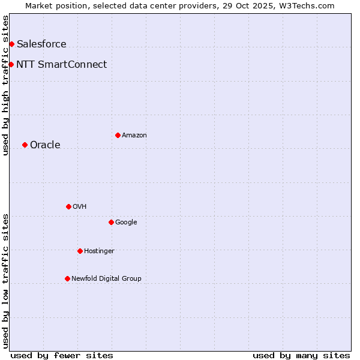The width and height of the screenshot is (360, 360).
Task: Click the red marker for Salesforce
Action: point(11,44)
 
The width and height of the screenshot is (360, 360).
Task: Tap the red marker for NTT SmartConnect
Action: point(11,64)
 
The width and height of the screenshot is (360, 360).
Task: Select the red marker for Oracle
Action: point(25,145)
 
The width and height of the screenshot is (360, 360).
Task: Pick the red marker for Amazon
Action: point(118,135)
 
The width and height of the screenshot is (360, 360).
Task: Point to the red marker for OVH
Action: point(68,206)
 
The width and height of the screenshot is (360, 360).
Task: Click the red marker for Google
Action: point(111,222)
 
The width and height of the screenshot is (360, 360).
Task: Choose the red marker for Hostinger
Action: point(80,251)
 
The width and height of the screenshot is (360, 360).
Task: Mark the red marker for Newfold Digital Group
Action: point(67,278)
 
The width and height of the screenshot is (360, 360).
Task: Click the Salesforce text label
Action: point(41,44)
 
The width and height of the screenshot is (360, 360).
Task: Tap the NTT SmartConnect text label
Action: point(62,64)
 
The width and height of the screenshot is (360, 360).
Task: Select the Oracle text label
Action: point(45,145)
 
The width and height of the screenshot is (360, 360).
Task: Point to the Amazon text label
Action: point(134,135)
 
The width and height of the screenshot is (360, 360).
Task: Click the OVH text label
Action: point(80,206)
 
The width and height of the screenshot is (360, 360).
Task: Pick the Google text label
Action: point(126,222)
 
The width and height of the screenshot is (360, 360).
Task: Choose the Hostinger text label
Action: point(99,251)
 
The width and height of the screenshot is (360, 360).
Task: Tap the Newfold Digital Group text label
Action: point(106,278)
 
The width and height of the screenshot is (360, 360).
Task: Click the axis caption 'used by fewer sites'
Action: point(62,355)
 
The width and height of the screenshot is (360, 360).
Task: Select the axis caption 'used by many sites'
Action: point(301,355)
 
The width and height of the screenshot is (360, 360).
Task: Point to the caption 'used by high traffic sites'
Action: point(5,85)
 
